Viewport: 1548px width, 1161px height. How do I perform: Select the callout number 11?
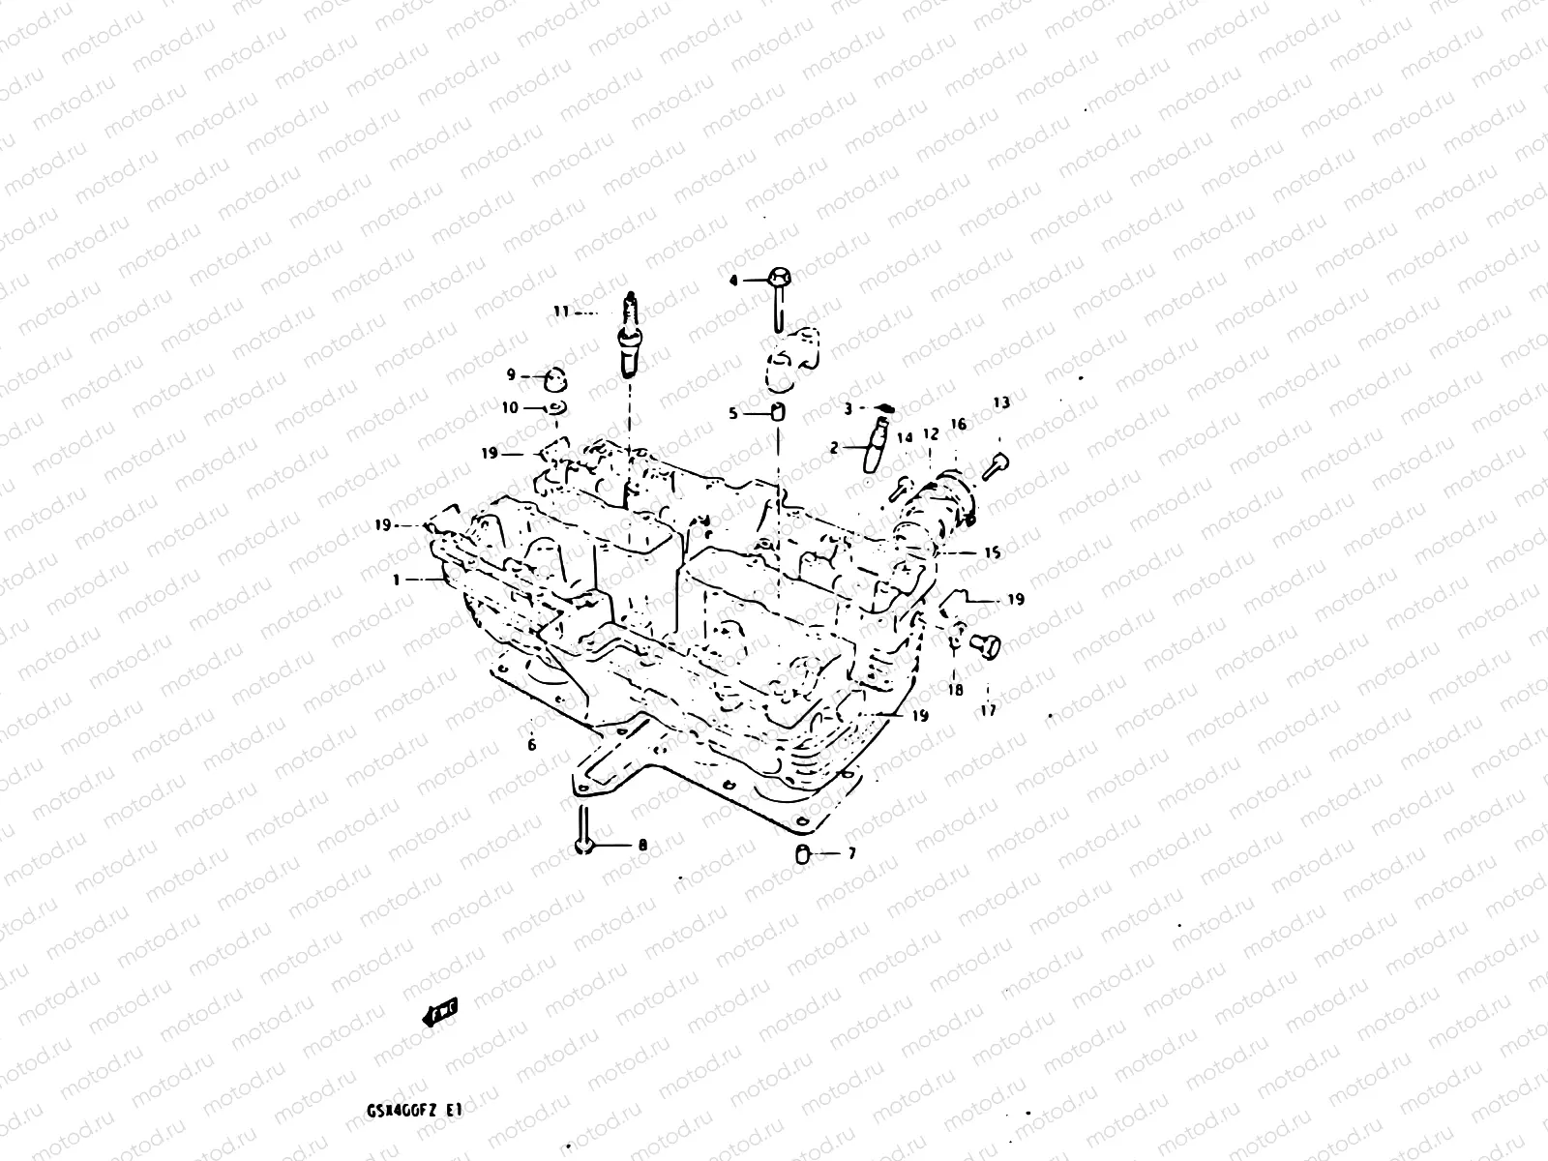562,312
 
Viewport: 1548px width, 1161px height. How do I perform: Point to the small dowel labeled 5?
778,413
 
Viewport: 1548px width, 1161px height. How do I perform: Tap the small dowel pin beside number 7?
802,853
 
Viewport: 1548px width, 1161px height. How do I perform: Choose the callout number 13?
1001,402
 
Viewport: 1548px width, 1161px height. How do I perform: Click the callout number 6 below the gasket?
531,745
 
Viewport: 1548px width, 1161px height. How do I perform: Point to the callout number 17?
988,709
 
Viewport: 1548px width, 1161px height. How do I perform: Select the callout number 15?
993,553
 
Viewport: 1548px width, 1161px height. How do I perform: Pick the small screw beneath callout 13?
996,466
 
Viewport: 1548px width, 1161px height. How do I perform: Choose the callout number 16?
958,424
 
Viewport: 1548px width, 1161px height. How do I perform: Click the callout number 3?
848,409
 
